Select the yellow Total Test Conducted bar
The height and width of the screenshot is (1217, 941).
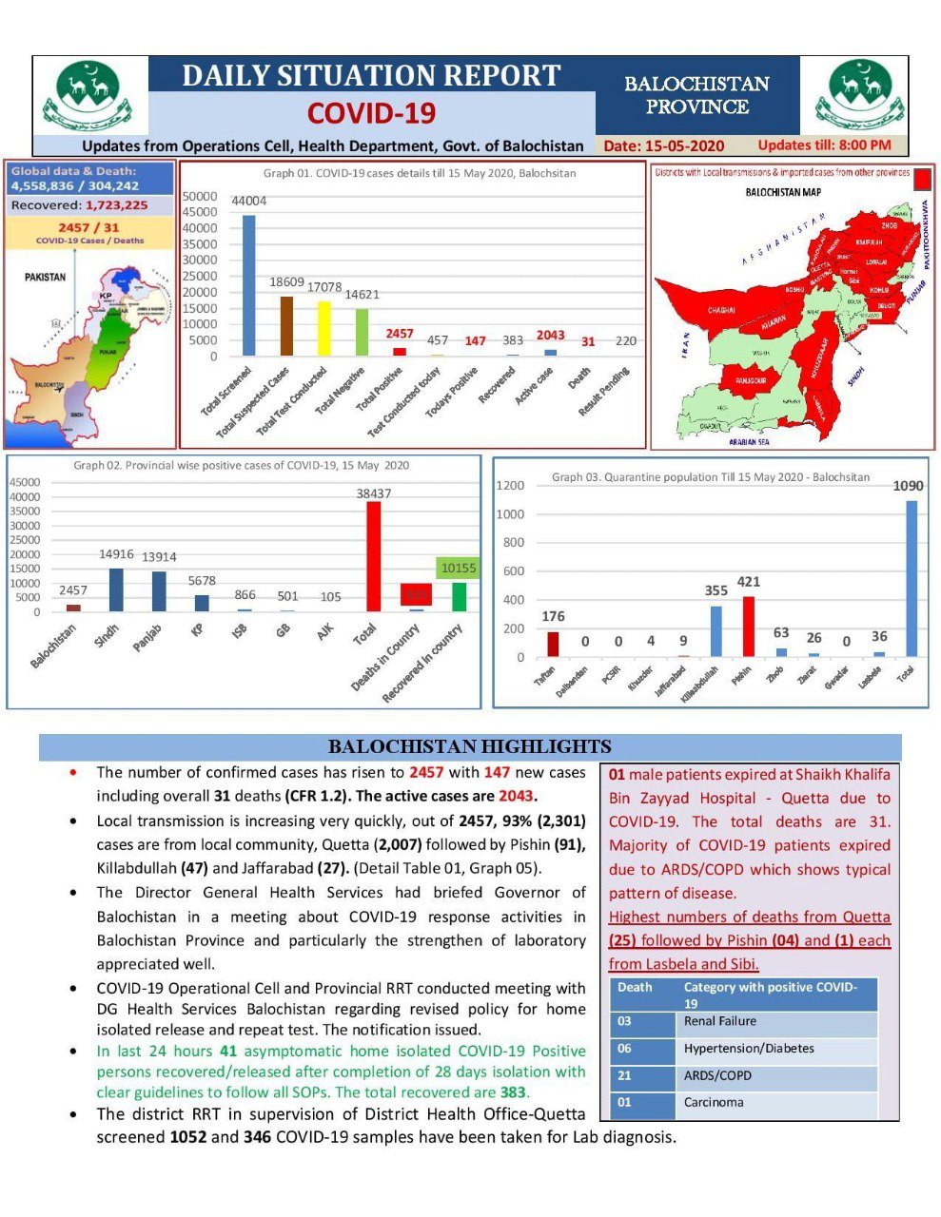tap(323, 328)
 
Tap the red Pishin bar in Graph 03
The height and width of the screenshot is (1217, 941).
tap(748, 626)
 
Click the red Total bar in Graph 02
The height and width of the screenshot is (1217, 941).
tap(374, 556)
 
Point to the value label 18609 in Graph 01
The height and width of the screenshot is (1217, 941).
tap(286, 282)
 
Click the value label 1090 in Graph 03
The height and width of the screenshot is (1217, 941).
tap(908, 486)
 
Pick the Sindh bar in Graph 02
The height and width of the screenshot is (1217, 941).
tap(116, 589)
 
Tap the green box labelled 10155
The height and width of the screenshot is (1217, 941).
tap(459, 569)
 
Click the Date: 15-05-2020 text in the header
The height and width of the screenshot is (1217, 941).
tap(663, 145)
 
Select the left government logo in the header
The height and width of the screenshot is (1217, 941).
tap(91, 95)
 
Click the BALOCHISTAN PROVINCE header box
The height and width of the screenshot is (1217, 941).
tap(696, 95)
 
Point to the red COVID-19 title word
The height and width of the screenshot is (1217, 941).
tap(371, 113)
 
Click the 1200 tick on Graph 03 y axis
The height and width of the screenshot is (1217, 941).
tap(510, 486)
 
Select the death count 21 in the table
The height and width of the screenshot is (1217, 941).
tap(625, 1075)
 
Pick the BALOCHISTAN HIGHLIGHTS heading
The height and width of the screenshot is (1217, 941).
tap(469, 746)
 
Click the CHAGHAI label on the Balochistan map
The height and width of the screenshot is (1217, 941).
tap(720, 310)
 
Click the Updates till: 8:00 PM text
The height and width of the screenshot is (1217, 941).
tap(824, 145)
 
